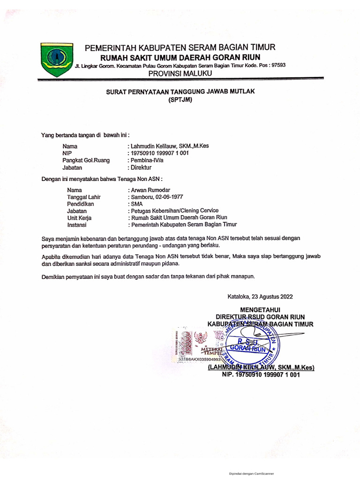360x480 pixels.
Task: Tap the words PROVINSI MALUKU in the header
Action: pyautogui.click(x=180, y=74)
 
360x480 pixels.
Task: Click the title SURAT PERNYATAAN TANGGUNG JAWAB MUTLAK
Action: pyautogui.click(x=180, y=92)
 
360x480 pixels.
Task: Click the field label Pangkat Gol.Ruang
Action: pyautogui.click(x=86, y=160)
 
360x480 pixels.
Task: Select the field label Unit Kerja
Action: pyautogui.click(x=79, y=217)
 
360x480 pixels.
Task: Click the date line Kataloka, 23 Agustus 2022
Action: pyautogui.click(x=260, y=297)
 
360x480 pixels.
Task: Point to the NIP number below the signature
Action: pyautogui.click(x=261, y=375)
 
